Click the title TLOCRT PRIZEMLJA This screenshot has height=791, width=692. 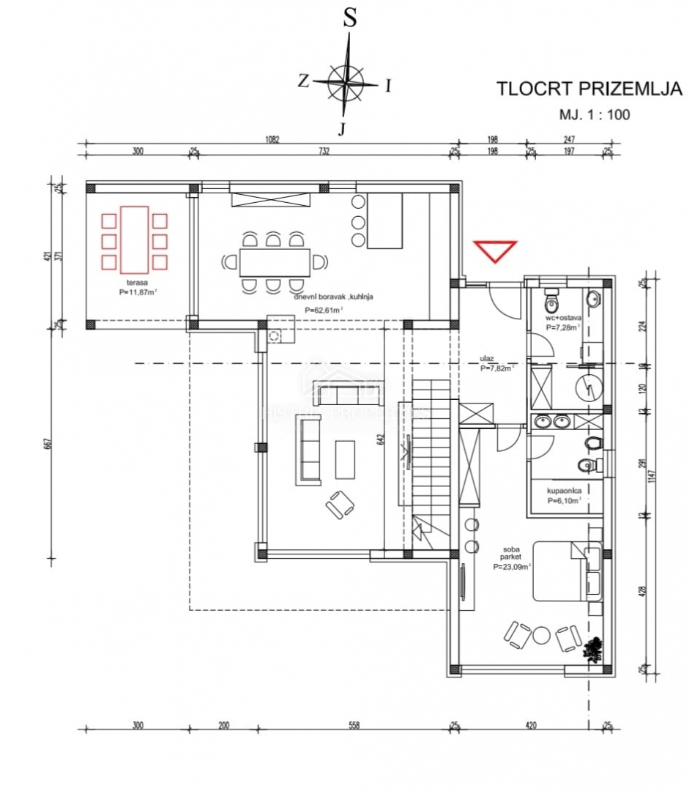point(589,89)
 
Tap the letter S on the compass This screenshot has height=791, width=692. point(351,20)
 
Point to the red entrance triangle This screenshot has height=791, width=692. point(495,250)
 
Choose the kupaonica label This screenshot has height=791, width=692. point(564,491)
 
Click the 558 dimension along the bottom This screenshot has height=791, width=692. point(354,726)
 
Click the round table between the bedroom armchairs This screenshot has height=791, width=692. point(542,636)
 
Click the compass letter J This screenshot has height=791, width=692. point(342,130)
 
